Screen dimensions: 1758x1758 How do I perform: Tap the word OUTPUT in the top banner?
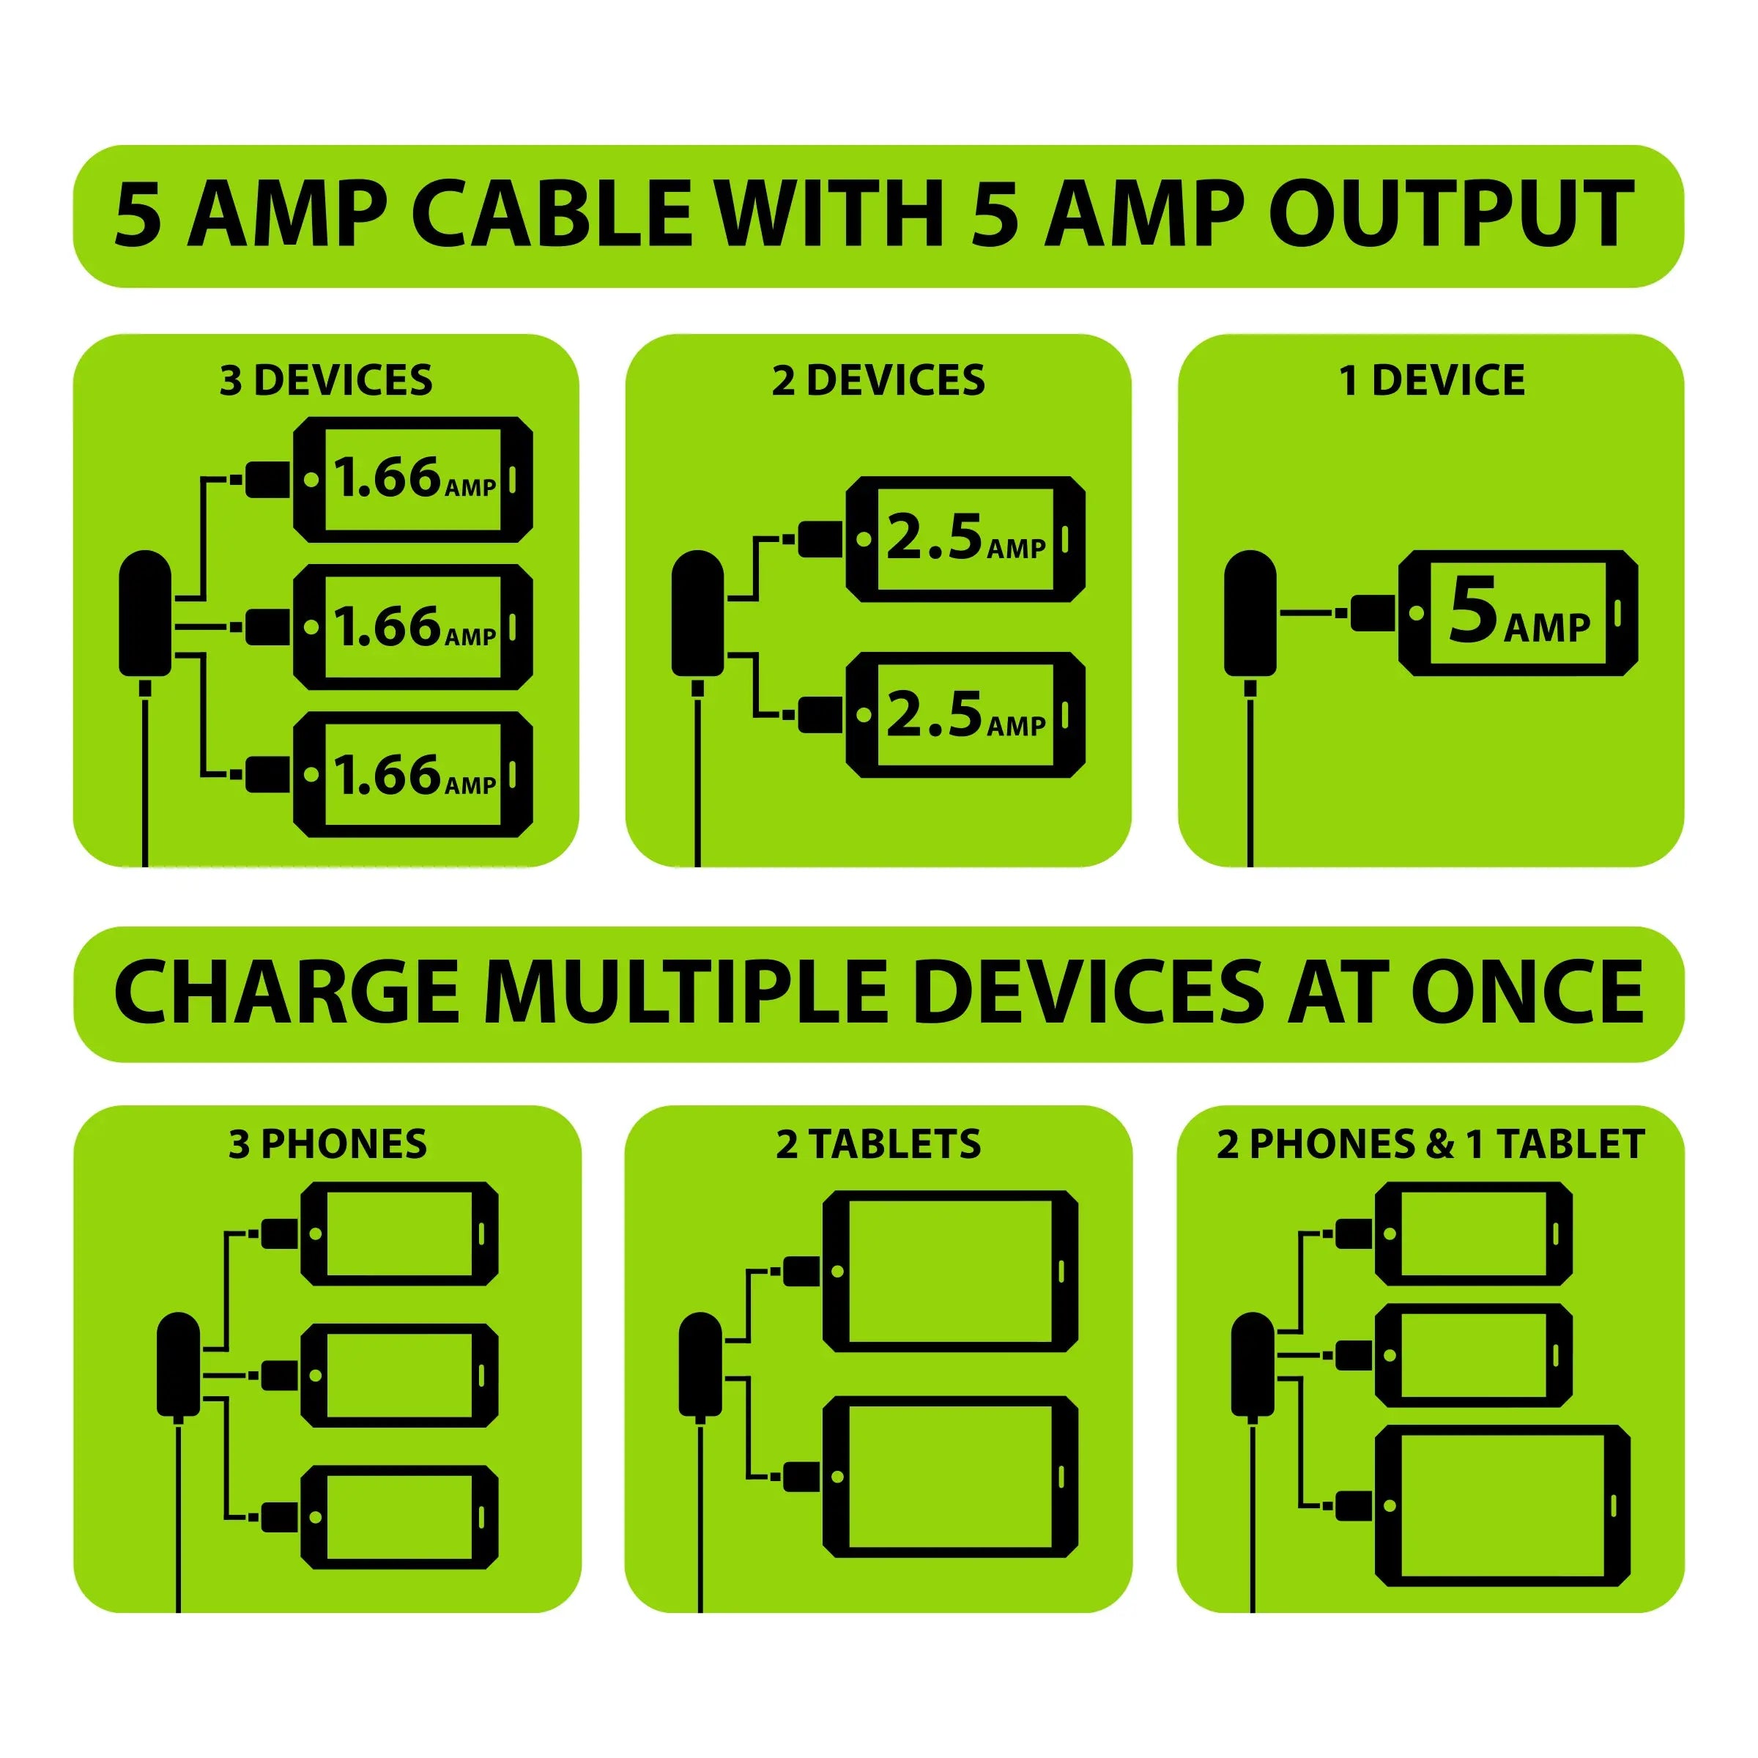coord(1453,215)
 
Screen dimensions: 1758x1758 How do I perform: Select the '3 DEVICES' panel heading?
coord(326,380)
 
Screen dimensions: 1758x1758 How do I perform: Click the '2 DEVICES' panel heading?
coord(878,380)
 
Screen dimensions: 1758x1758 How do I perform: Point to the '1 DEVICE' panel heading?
coord(1431,380)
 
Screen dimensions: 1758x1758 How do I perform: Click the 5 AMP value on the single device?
coord(1518,612)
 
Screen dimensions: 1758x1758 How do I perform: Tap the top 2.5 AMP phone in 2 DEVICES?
coord(965,538)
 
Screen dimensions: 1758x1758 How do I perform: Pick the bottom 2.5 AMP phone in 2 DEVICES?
coord(965,715)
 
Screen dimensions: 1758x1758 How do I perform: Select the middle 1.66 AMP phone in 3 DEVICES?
coord(412,627)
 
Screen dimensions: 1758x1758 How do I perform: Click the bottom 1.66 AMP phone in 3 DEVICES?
coord(412,775)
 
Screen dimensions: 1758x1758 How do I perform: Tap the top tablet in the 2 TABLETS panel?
coord(950,1271)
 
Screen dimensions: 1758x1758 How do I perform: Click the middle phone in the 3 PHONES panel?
coord(398,1375)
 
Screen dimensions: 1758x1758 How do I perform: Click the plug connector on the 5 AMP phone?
coord(1371,612)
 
